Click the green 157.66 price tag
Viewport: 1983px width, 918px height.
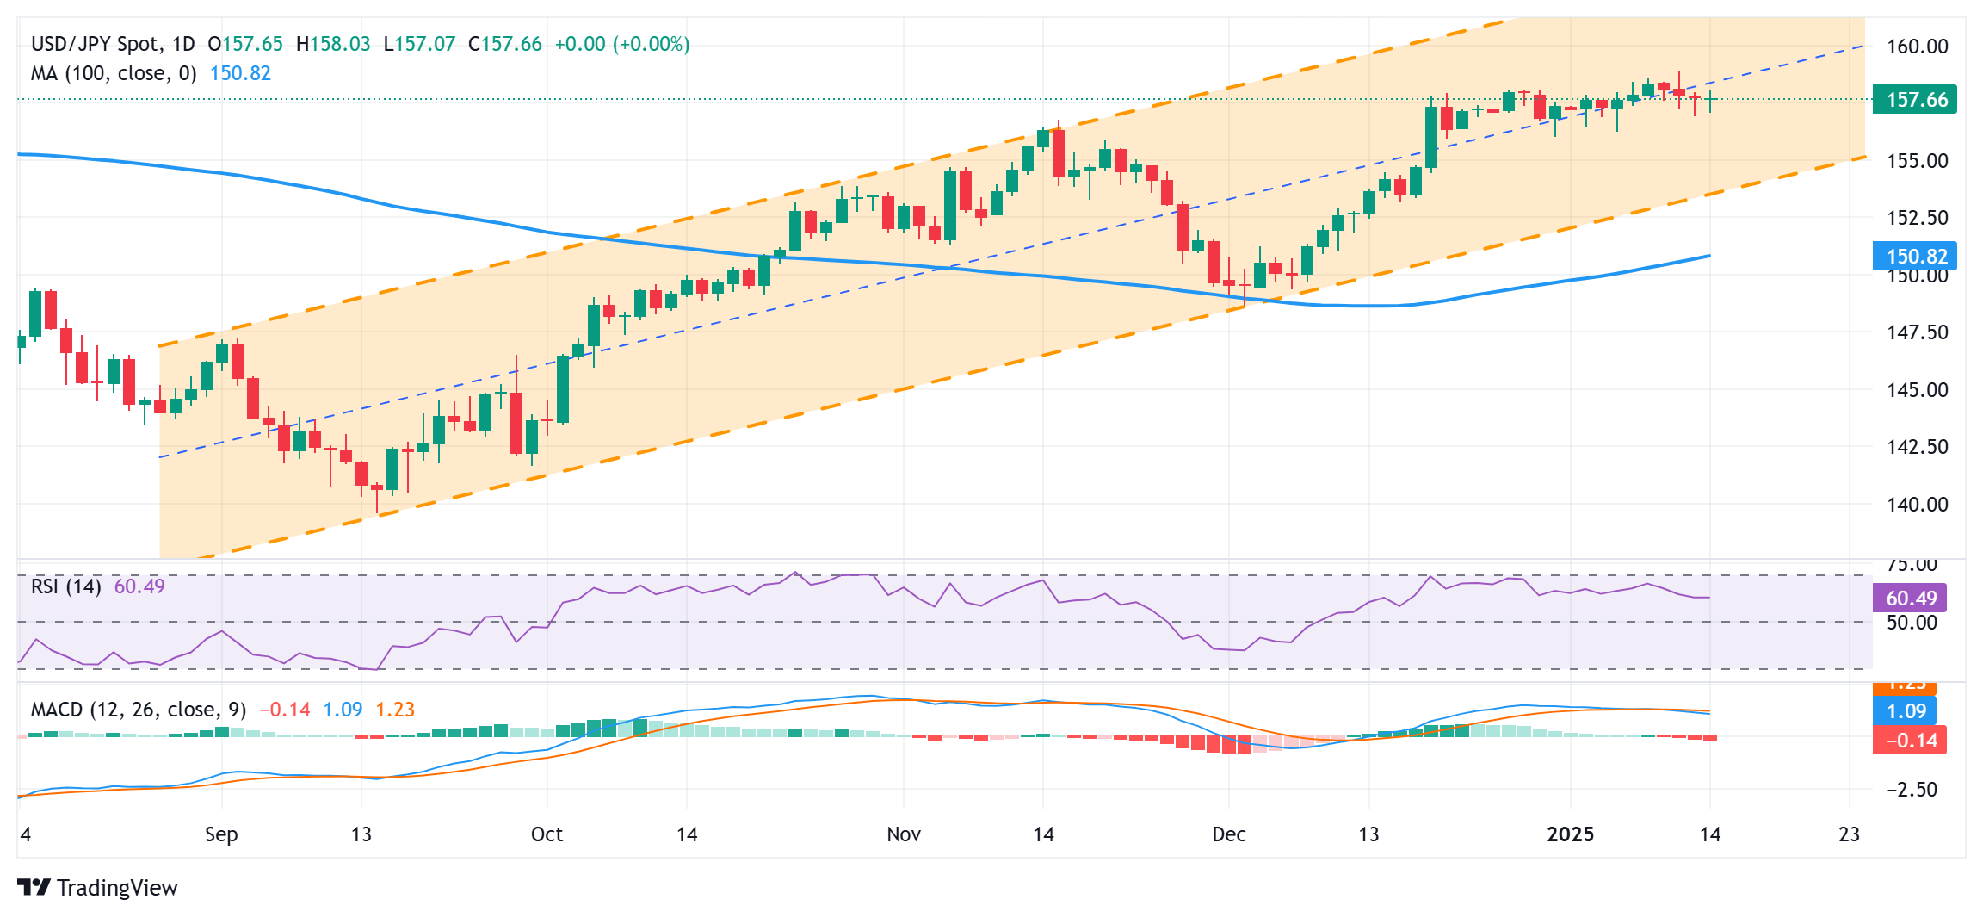(x=1915, y=100)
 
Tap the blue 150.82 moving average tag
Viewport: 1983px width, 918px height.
(x=1915, y=256)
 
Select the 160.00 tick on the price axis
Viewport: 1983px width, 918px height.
(x=1917, y=47)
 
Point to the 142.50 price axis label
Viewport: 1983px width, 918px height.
(x=1917, y=447)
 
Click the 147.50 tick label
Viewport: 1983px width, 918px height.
(x=1917, y=332)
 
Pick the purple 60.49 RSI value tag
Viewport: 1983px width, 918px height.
(x=1910, y=598)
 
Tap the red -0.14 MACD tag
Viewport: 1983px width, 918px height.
(x=1910, y=741)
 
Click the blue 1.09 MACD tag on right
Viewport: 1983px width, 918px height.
(x=1906, y=711)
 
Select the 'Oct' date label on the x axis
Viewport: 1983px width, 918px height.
(x=547, y=834)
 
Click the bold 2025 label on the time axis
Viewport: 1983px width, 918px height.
(x=1570, y=834)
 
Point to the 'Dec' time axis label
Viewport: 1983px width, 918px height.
(x=1228, y=834)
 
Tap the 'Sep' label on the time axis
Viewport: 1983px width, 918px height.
(x=221, y=834)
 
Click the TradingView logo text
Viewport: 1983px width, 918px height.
(x=116, y=888)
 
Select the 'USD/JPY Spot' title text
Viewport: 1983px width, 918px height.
(x=95, y=44)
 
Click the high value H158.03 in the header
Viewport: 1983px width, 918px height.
(x=332, y=44)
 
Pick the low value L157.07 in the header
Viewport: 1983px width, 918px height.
(x=418, y=44)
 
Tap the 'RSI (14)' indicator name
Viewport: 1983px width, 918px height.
(x=65, y=586)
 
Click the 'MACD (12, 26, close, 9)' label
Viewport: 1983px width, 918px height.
(x=139, y=710)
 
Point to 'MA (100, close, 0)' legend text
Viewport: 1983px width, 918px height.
(x=114, y=73)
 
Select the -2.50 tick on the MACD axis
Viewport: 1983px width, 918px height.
(x=1912, y=790)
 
